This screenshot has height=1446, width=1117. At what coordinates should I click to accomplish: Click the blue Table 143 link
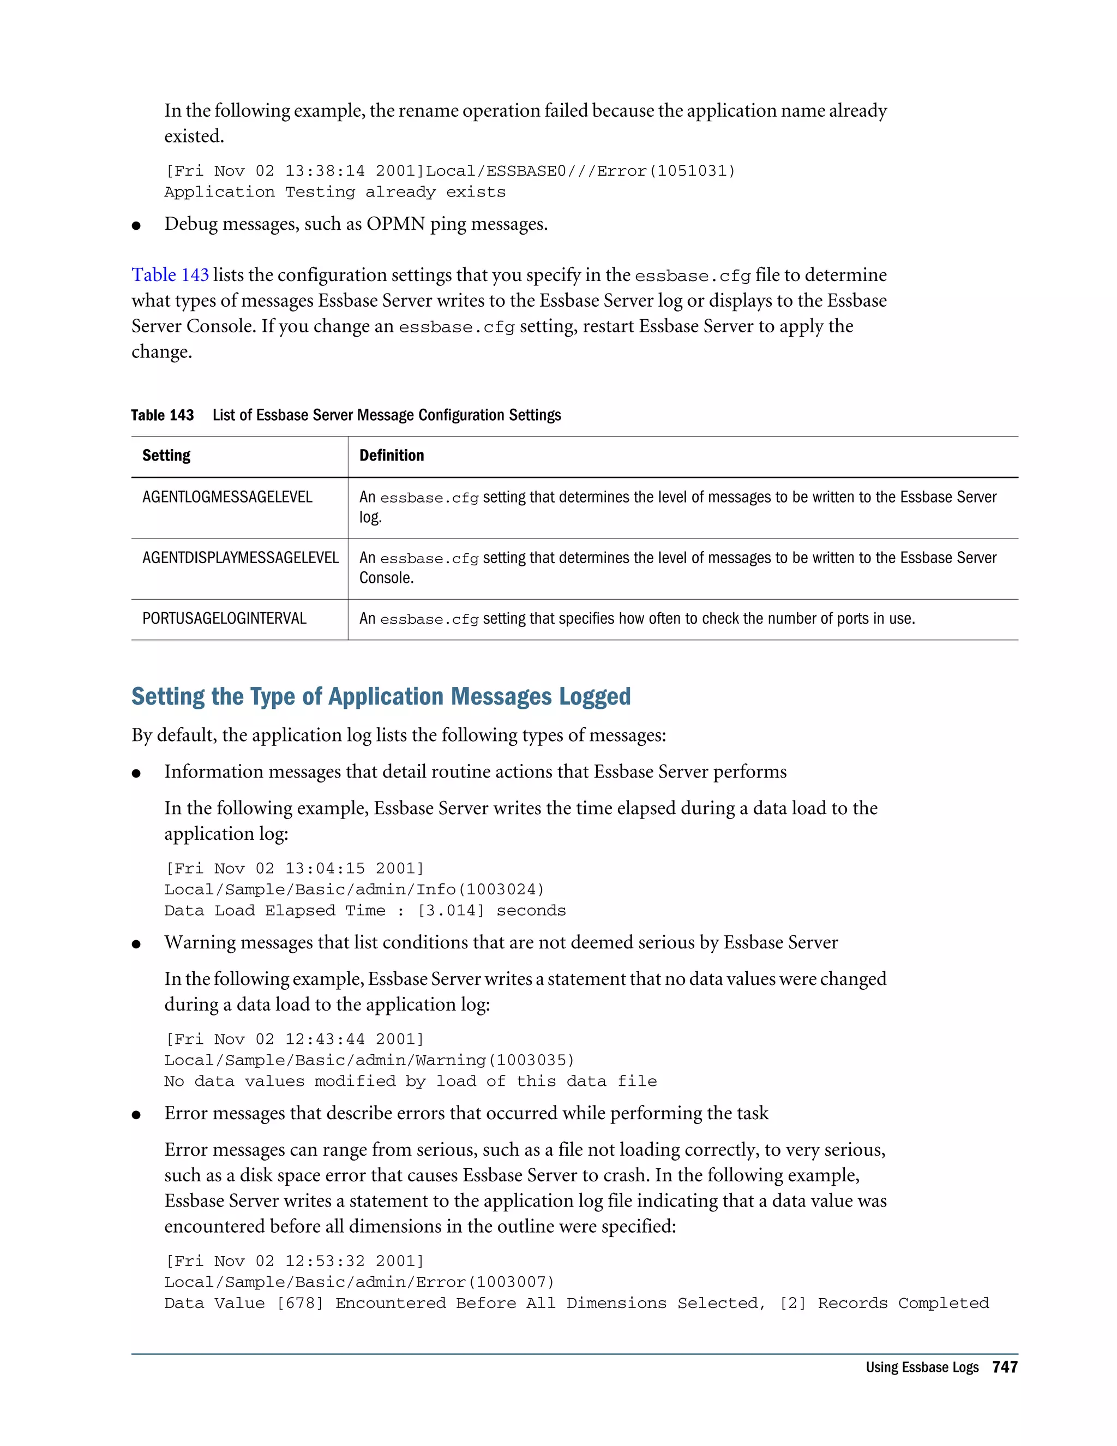(170, 275)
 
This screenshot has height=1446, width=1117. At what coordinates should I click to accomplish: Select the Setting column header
(166, 456)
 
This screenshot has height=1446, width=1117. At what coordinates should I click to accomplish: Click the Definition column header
(391, 456)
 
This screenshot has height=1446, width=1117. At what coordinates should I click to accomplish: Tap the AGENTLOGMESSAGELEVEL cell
(227, 497)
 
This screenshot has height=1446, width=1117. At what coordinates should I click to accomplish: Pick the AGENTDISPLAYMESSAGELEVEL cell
(240, 558)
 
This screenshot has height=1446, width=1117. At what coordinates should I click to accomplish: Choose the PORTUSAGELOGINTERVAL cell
(224, 618)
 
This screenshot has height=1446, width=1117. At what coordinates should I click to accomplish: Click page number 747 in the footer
(1005, 1367)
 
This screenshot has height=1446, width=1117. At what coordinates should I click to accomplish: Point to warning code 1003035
(535, 1060)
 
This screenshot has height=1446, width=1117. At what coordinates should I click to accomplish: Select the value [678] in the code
(300, 1303)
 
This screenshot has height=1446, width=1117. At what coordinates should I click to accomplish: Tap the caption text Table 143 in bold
(162, 415)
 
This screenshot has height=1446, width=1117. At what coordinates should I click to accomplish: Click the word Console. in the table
(387, 578)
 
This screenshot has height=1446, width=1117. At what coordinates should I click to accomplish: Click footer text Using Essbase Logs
(922, 1367)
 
